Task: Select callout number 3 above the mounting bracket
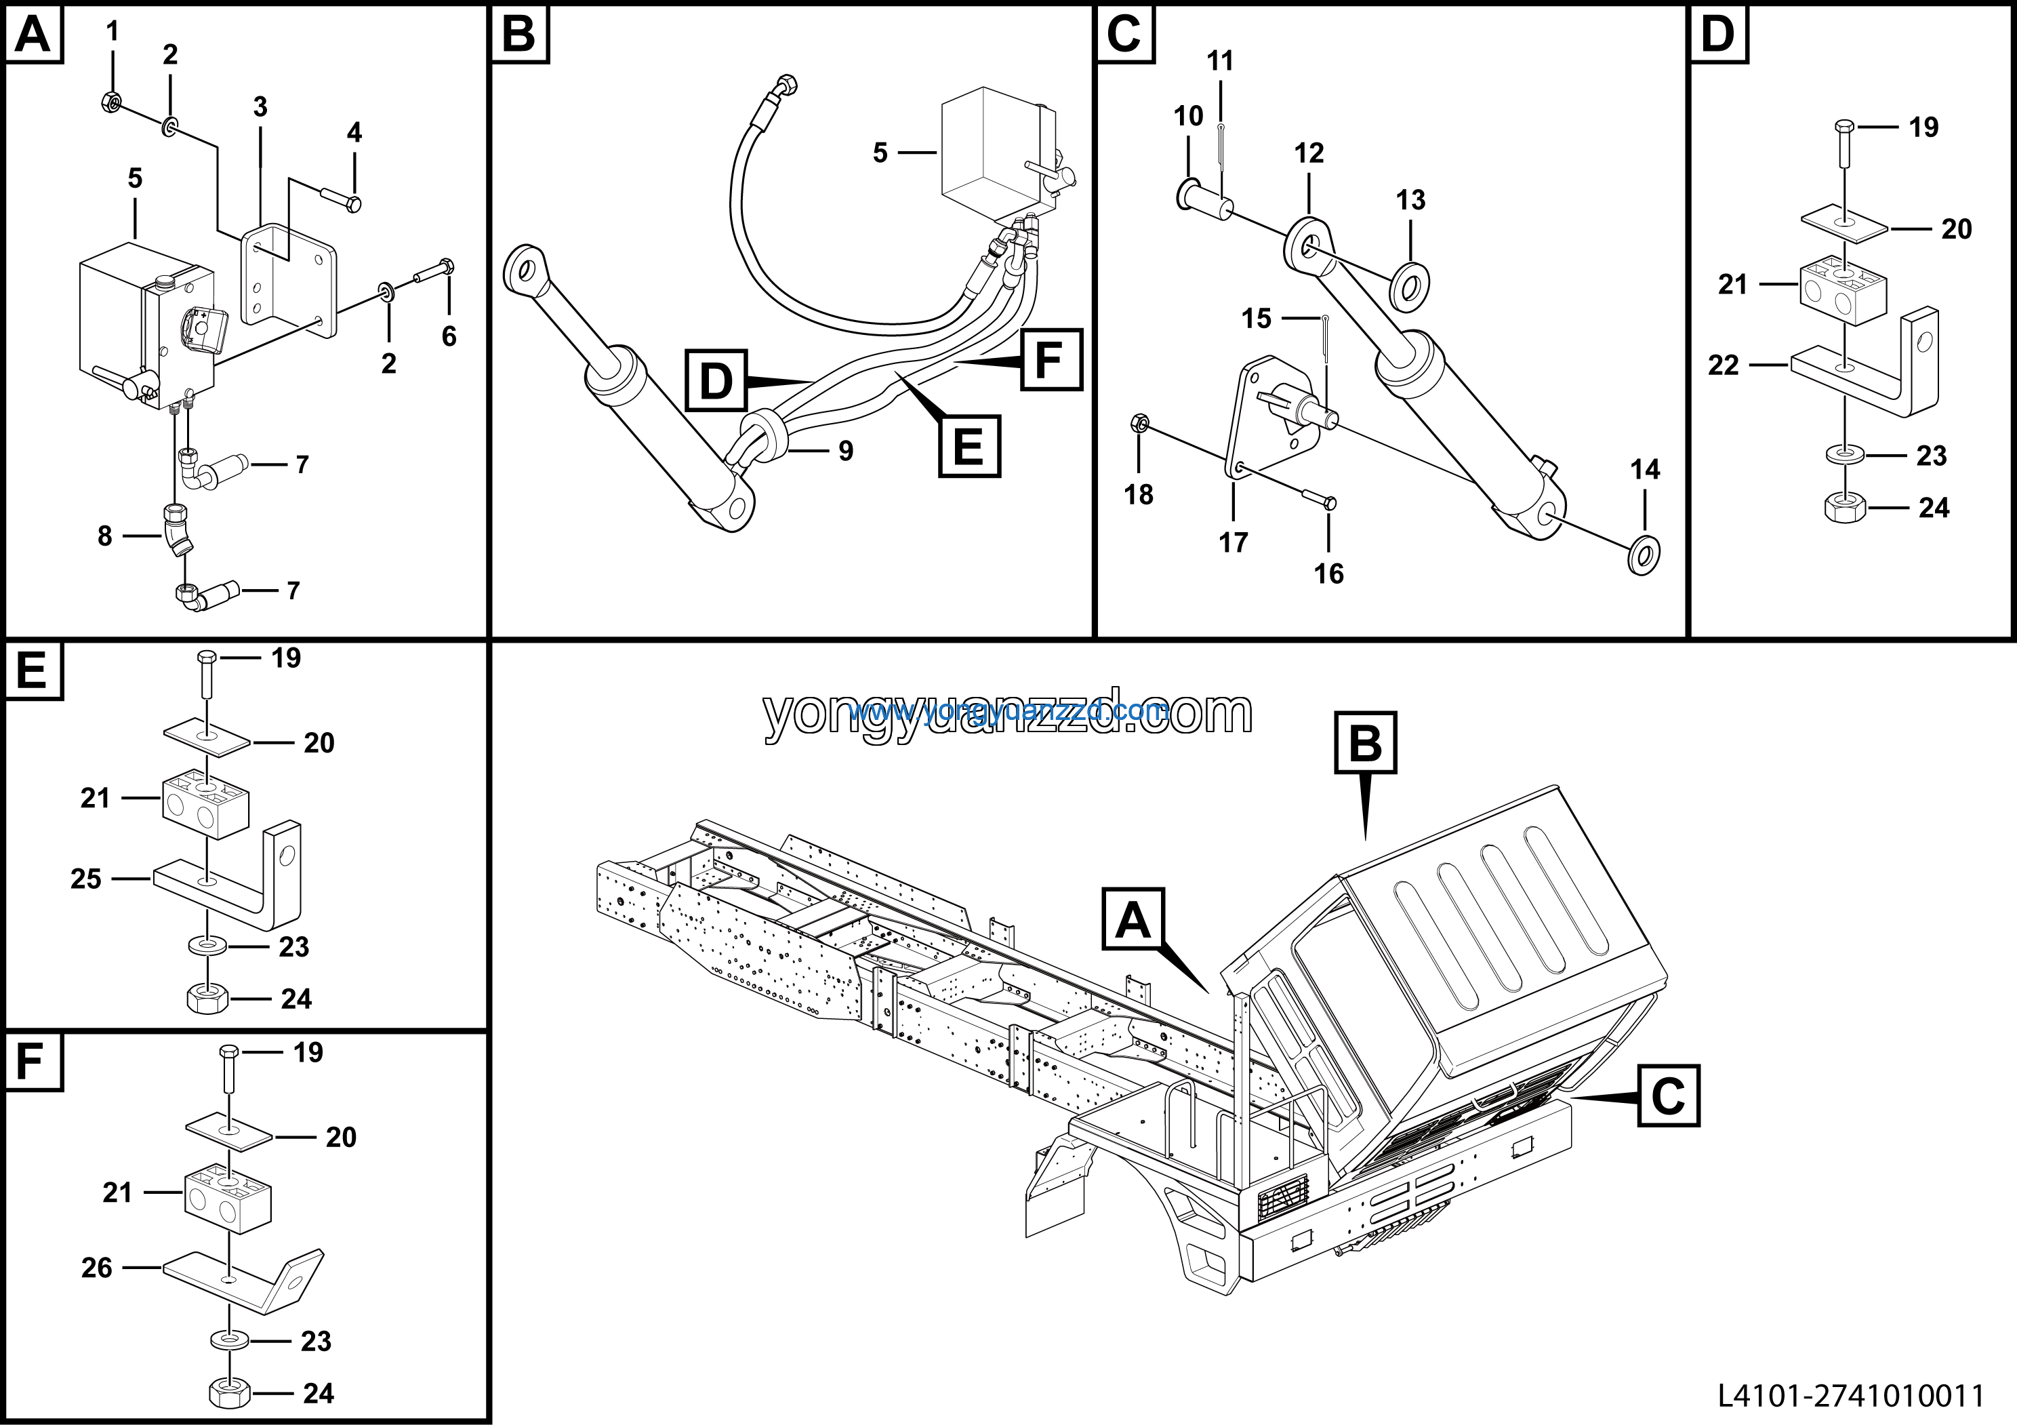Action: [x=260, y=107]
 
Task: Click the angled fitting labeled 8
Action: [x=176, y=531]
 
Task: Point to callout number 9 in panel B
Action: [x=845, y=451]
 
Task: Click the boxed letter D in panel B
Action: [x=716, y=381]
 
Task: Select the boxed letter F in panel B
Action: [x=1051, y=359]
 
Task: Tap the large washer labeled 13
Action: [x=1410, y=285]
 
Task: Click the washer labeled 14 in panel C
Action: [x=1644, y=553]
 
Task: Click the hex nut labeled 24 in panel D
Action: [x=1846, y=508]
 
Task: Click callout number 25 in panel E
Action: [x=86, y=879]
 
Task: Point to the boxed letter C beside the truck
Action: [x=1667, y=1096]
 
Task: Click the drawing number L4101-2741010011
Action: [x=1851, y=1395]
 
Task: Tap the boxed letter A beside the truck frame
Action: [x=1133, y=920]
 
